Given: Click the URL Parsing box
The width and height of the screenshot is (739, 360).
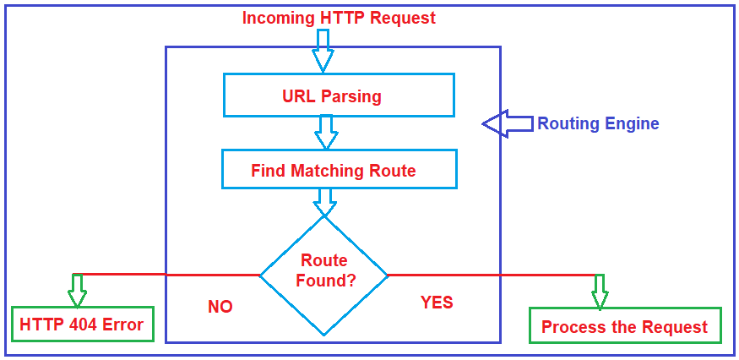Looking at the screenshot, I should [x=339, y=95].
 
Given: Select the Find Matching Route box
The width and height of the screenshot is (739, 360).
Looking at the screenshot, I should [x=339, y=169].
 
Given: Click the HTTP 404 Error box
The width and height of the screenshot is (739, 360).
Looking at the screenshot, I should [x=82, y=325].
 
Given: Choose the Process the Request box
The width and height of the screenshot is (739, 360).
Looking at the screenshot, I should [x=625, y=326].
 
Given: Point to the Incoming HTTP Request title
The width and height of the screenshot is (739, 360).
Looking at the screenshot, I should [x=339, y=18].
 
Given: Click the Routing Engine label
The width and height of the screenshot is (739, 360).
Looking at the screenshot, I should [x=598, y=123].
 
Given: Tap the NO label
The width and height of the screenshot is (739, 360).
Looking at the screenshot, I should [x=220, y=307].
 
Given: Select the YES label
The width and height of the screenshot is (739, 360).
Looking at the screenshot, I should [x=437, y=303].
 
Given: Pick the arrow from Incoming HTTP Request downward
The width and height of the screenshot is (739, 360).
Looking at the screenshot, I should [x=323, y=50].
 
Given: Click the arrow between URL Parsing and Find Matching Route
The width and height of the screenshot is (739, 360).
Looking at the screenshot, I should [x=325, y=132].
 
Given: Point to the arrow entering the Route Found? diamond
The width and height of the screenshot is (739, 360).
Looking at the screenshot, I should [x=324, y=202].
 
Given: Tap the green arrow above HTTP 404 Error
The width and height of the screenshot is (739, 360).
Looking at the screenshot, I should [x=77, y=290].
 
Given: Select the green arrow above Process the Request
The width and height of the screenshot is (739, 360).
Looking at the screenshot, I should [x=600, y=292].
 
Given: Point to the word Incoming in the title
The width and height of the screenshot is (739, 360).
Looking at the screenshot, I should [x=277, y=18].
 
